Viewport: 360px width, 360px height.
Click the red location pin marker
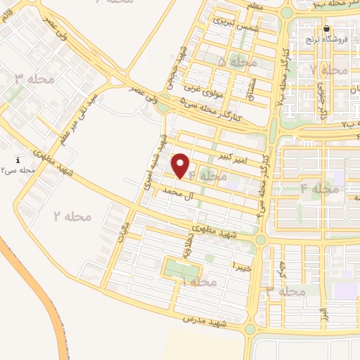[x=181, y=165]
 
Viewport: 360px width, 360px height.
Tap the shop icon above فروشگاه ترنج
[x=326, y=29]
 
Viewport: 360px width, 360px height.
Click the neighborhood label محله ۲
[x=72, y=216]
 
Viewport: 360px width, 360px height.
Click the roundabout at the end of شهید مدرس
[x=250, y=328]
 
